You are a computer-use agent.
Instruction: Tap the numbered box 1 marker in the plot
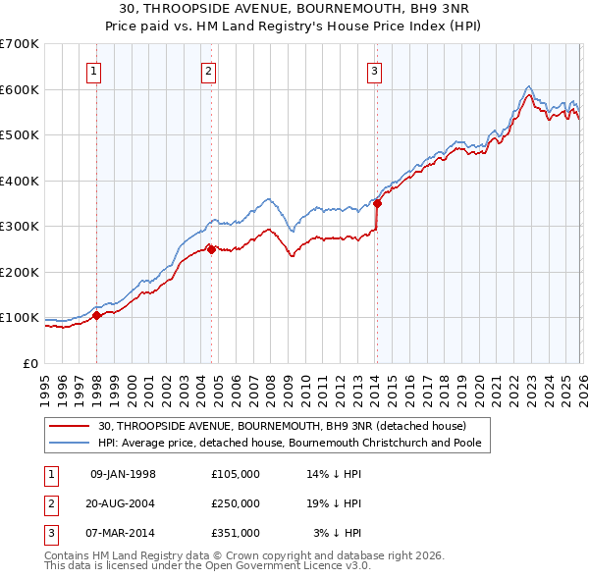point(95,70)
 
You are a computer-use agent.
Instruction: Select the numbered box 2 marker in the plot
point(210,70)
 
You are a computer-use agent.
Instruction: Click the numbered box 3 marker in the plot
point(375,70)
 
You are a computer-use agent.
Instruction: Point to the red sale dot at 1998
point(96,316)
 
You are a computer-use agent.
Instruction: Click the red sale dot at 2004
point(211,249)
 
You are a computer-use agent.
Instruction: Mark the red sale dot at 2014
point(377,204)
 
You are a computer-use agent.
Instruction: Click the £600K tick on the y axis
point(20,89)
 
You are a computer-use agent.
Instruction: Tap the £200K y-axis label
point(20,272)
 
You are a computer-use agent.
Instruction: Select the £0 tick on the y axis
point(31,363)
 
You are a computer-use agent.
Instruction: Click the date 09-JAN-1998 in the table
point(123,474)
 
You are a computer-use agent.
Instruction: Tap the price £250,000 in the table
point(236,503)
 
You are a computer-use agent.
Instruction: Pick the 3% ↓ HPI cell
point(338,533)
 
